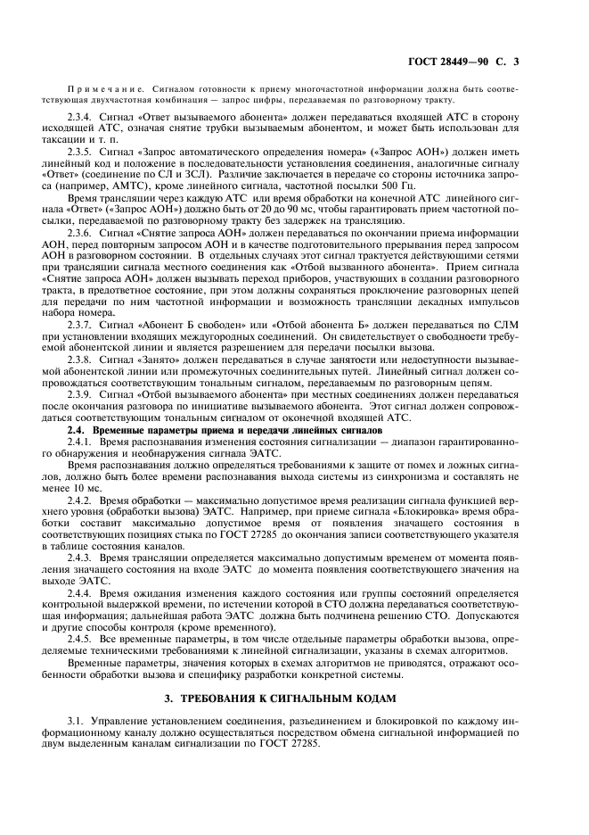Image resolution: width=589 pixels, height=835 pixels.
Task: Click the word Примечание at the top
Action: tap(103, 90)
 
